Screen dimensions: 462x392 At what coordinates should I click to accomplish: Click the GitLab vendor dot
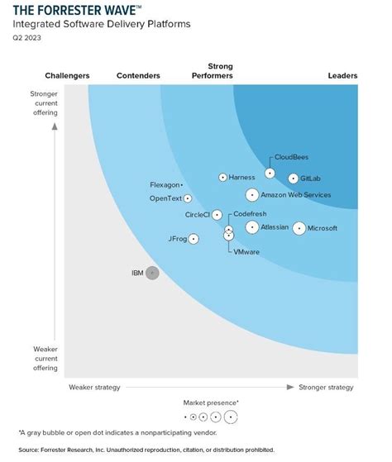point(294,179)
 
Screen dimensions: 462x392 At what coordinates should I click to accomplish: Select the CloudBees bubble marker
point(270,174)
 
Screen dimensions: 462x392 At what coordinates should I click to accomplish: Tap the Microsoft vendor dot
point(299,228)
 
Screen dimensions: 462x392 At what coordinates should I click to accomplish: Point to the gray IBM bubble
point(152,274)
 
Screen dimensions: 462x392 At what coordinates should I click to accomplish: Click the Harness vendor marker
point(222,178)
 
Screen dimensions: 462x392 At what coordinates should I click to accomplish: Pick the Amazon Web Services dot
point(251,195)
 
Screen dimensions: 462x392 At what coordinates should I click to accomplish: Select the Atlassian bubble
point(251,227)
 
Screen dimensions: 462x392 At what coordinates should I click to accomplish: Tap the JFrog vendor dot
point(194,239)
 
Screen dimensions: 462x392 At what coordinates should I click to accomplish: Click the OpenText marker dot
point(188,198)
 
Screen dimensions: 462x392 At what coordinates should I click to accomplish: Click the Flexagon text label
point(165,184)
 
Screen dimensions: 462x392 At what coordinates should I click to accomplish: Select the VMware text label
point(246,251)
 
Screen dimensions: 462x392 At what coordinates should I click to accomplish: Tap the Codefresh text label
point(250,213)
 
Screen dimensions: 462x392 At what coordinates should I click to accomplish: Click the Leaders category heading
point(342,76)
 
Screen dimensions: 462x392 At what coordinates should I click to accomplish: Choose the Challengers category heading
point(67,76)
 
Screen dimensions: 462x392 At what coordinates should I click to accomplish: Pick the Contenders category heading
point(138,76)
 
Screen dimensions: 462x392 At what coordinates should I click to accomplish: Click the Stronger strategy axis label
point(327,387)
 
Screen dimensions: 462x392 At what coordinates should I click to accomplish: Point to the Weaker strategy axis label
point(94,387)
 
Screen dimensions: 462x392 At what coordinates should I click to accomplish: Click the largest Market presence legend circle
point(230,417)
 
